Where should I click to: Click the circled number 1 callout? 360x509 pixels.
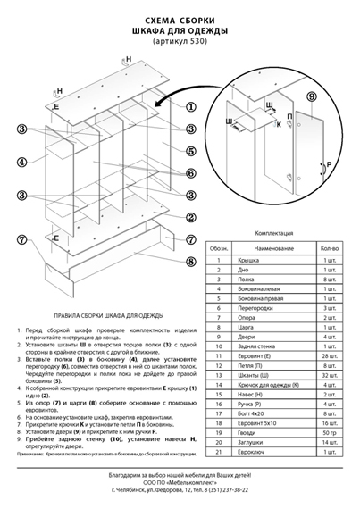(x=190, y=105)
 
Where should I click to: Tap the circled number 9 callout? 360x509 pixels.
(x=311, y=96)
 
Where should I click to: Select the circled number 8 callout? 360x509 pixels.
(x=190, y=262)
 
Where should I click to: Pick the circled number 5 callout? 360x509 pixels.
(x=190, y=173)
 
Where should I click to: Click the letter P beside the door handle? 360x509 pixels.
(x=329, y=165)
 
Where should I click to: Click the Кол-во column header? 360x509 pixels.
(x=329, y=247)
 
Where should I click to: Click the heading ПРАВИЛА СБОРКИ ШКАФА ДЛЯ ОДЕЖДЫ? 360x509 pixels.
(x=107, y=316)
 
